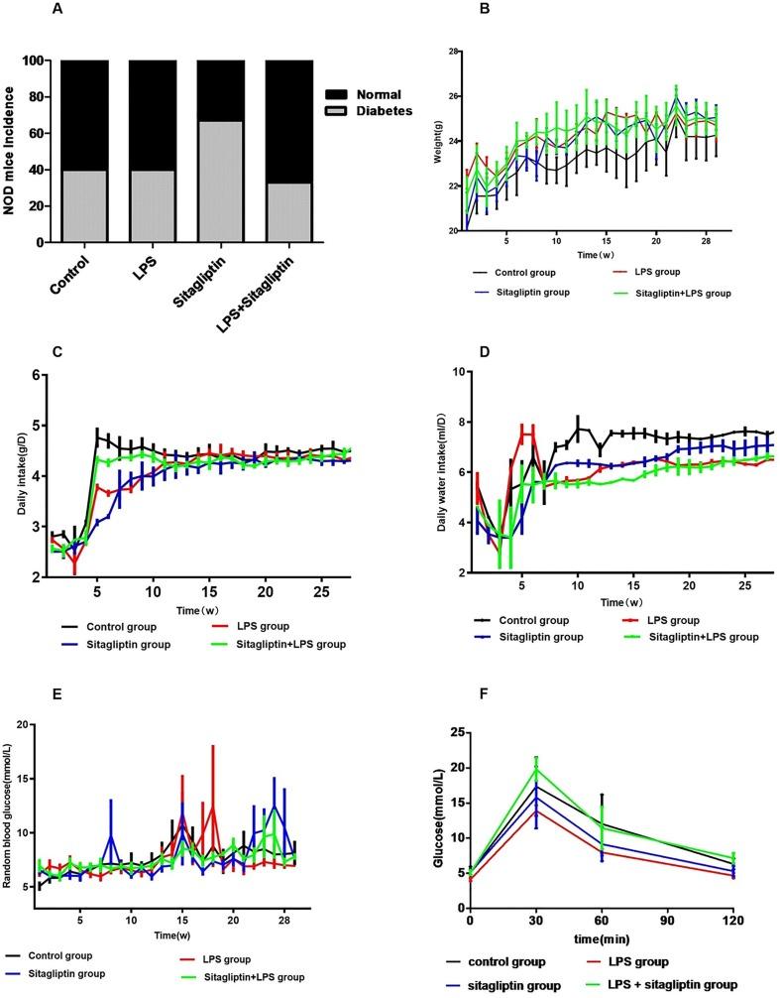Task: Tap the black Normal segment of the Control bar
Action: pos(84,115)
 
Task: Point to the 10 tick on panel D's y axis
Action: pos(448,372)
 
